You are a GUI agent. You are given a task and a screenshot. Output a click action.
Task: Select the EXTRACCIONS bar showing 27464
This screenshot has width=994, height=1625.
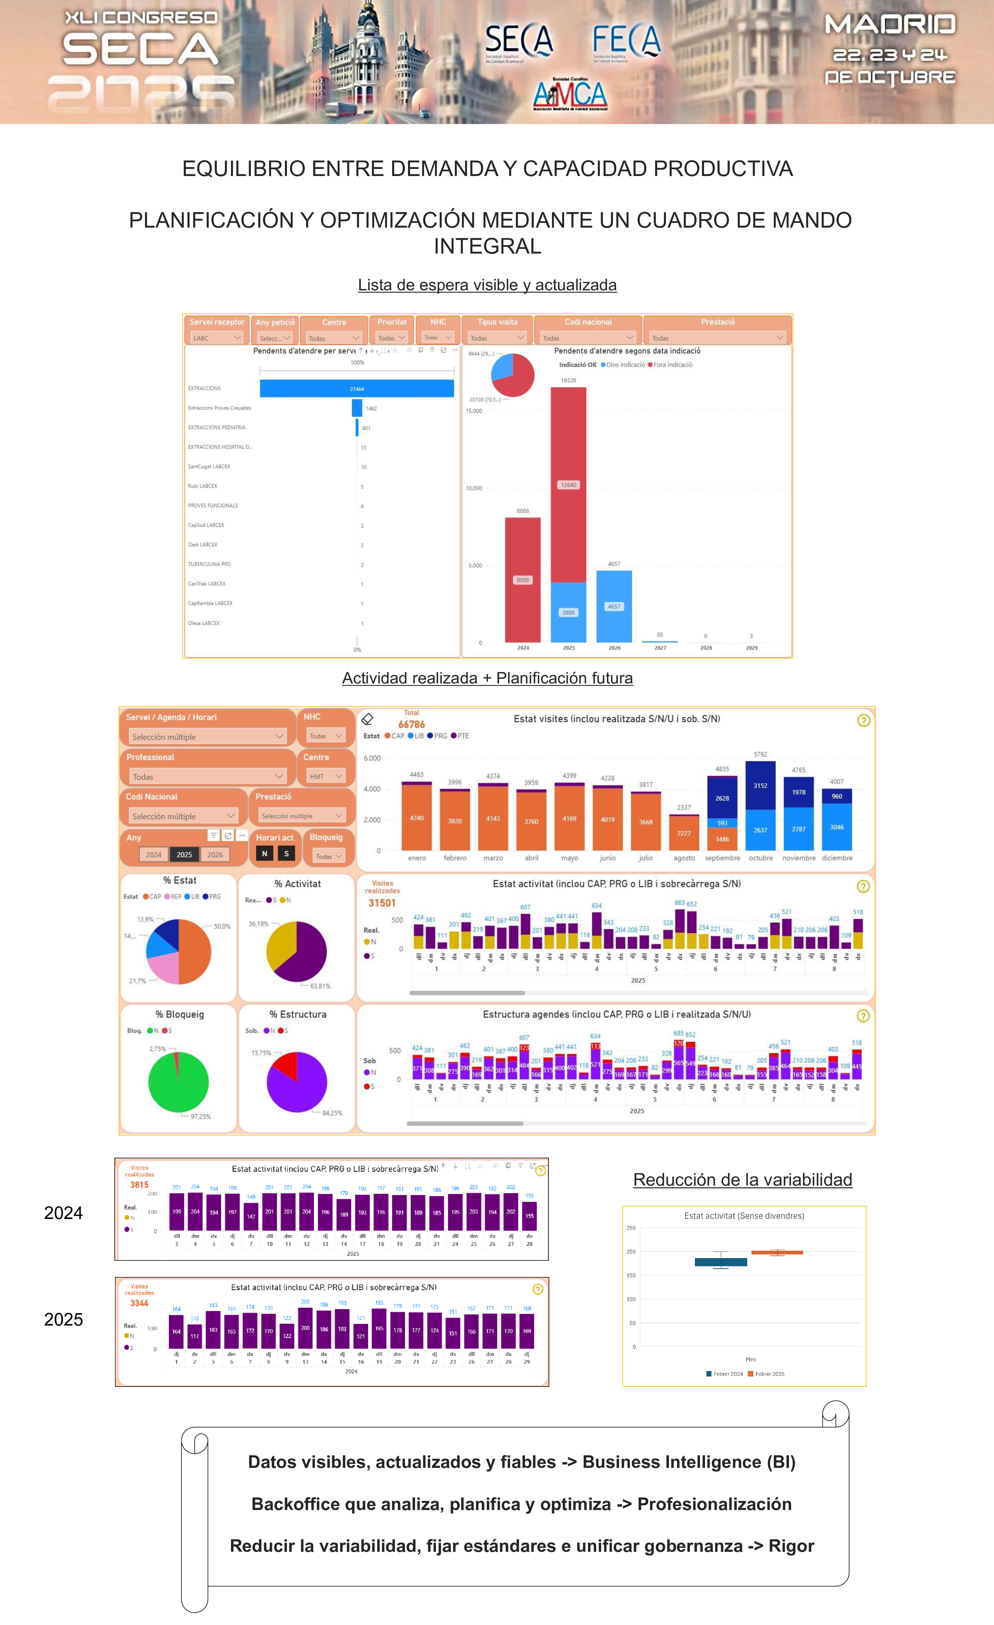click(x=357, y=388)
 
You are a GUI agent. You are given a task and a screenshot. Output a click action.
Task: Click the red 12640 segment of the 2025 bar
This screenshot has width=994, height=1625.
click(x=568, y=485)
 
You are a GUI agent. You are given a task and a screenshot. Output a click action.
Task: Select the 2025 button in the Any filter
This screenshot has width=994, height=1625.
click(x=184, y=855)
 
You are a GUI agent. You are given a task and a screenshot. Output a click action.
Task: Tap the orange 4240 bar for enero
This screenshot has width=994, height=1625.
click(x=417, y=818)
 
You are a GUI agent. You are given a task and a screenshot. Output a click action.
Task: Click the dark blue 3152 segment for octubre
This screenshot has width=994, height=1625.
click(x=761, y=785)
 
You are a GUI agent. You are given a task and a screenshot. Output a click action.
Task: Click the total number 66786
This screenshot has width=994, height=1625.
click(x=412, y=724)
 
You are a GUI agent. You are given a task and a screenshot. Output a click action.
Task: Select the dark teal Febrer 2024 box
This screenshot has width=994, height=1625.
click(x=721, y=1261)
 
